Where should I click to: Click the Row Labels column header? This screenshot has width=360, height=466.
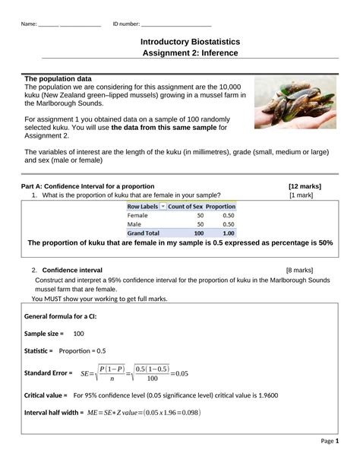click(x=142, y=206)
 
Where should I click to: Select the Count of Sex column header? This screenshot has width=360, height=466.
click(x=185, y=206)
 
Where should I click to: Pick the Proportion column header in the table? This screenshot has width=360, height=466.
click(x=220, y=206)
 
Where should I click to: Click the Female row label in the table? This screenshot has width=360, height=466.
click(x=138, y=215)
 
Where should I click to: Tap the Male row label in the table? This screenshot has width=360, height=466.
click(x=135, y=224)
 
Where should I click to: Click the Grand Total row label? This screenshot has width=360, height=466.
click(x=144, y=233)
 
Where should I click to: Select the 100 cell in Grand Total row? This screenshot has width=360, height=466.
click(x=198, y=233)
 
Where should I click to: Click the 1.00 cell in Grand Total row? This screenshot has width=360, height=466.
click(x=228, y=233)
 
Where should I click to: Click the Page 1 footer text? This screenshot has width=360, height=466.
click(x=330, y=441)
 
